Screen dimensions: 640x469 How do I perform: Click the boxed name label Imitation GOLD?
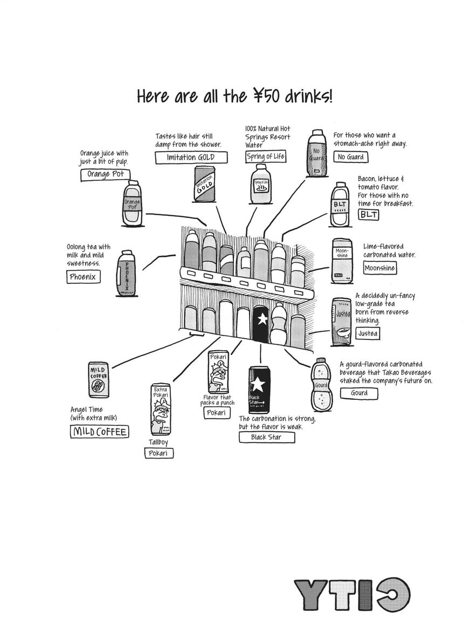click(191, 158)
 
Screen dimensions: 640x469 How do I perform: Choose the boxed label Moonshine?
click(380, 268)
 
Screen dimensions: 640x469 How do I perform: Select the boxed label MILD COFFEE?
click(100, 432)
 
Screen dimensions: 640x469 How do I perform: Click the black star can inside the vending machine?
click(261, 324)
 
